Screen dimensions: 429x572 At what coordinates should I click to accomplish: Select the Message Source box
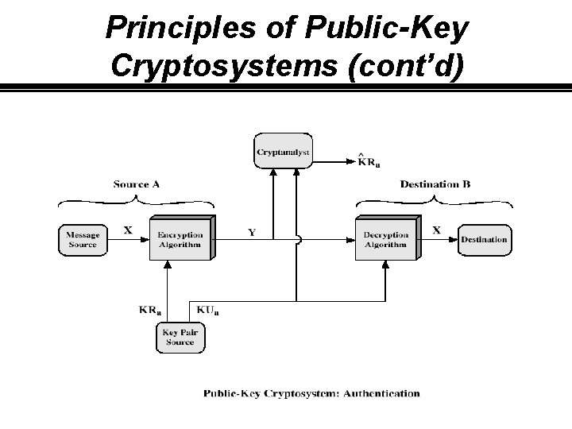tap(83, 239)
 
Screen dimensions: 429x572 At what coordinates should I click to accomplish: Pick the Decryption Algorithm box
tap(385, 239)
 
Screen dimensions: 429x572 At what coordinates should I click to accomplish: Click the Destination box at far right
tap(484, 239)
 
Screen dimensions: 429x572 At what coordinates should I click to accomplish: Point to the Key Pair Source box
tap(180, 337)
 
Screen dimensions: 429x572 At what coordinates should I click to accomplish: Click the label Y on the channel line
tap(252, 232)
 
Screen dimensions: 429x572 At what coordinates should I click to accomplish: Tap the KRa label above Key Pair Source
tap(151, 309)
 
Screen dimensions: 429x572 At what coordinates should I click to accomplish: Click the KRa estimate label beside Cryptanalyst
tap(369, 163)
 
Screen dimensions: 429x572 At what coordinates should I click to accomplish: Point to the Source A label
tap(137, 184)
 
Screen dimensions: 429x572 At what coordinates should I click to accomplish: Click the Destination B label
tap(435, 184)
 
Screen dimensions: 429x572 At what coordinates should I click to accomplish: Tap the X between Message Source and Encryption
tap(128, 230)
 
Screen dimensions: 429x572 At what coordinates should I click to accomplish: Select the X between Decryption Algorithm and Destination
tap(436, 230)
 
